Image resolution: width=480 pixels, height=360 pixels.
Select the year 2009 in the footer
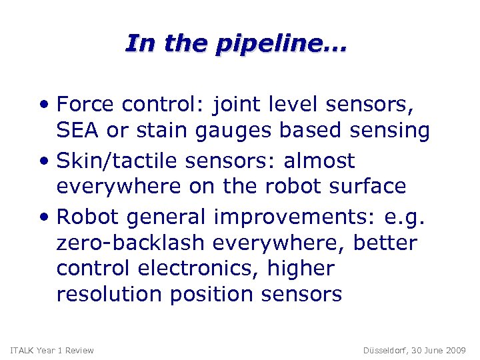coord(455,351)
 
